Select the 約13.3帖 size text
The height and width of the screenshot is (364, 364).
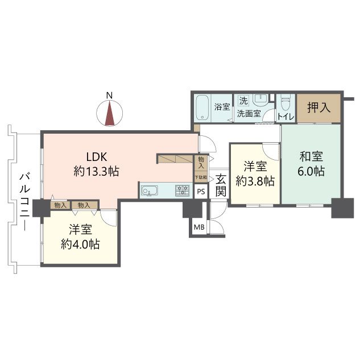(x=96, y=171)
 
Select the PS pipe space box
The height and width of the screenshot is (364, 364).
(x=201, y=192)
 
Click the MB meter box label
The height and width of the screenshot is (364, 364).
(x=199, y=227)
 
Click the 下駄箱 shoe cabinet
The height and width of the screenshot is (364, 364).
(x=201, y=177)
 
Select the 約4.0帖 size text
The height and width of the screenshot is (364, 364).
(x=81, y=245)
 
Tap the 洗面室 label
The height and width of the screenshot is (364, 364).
(x=249, y=113)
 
